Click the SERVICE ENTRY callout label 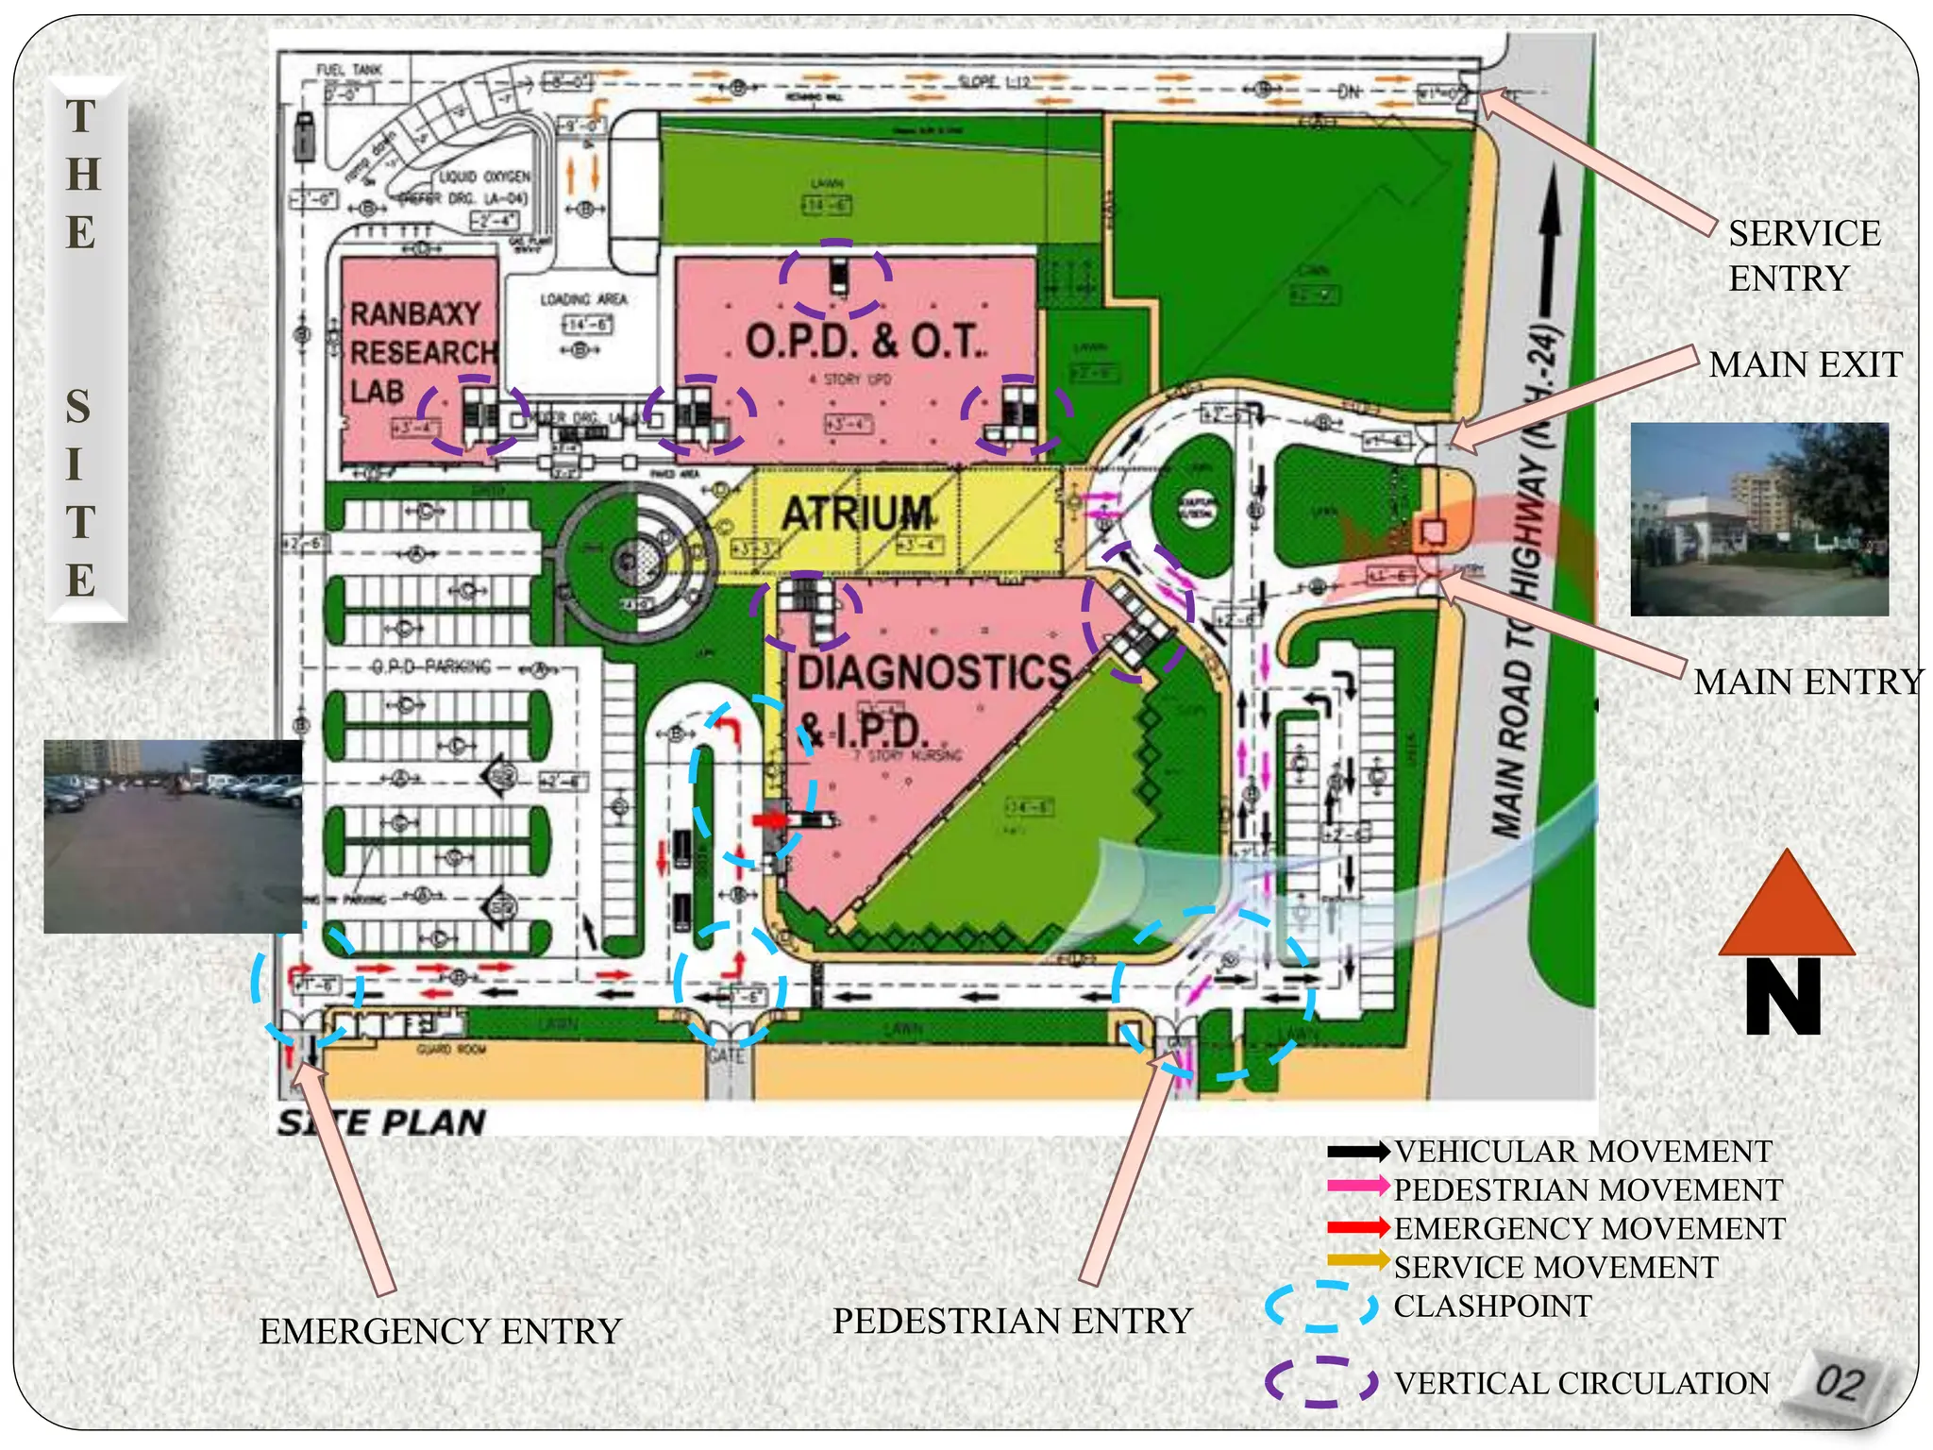(x=1804, y=256)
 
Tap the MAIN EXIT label (x=1805, y=364)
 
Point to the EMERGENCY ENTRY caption (x=441, y=1331)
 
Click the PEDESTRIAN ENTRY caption (x=1013, y=1321)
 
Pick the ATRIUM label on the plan (x=857, y=514)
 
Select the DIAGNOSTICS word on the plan (x=933, y=672)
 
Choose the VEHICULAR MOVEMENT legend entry (x=1583, y=1152)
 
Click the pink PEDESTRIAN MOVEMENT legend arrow (x=1357, y=1186)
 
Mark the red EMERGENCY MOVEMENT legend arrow (x=1357, y=1227)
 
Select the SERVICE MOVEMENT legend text (x=1555, y=1267)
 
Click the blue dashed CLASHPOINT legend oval (x=1320, y=1307)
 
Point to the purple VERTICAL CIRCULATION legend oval (x=1320, y=1382)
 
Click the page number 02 (x=1840, y=1383)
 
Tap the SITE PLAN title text (x=381, y=1122)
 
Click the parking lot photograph (x=173, y=836)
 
